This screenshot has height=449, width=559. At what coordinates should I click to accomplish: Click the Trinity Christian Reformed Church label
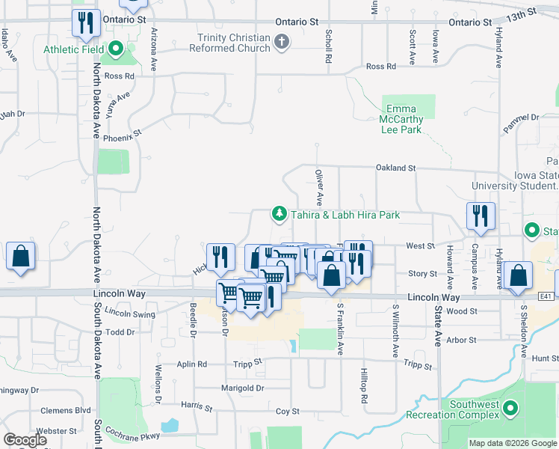click(234, 43)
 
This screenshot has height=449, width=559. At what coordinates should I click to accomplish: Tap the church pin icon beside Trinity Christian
click(281, 42)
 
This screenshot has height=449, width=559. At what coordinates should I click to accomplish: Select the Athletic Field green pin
click(116, 50)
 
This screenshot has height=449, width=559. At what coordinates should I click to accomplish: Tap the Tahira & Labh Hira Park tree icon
click(279, 215)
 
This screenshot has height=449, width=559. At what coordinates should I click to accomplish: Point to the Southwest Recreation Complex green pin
click(510, 408)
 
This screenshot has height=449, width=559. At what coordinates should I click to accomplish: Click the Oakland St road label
click(396, 168)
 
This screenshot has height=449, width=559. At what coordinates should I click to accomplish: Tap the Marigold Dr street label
click(243, 388)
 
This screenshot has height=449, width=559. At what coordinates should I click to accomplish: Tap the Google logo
click(25, 440)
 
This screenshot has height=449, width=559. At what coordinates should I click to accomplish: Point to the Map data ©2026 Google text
click(512, 443)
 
